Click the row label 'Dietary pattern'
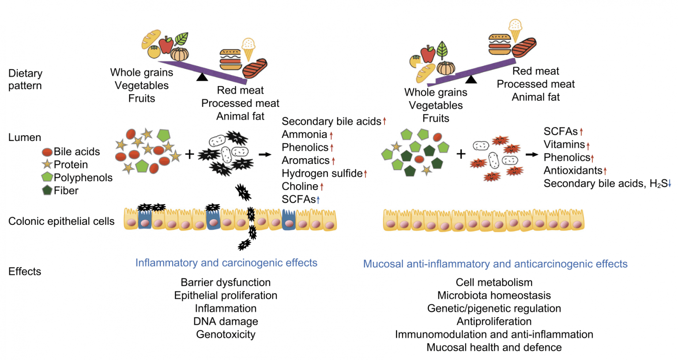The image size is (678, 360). (25, 80)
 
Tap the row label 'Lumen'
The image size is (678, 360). (25, 137)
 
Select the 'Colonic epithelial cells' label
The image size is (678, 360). (61, 221)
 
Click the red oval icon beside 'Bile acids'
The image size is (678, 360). (47, 152)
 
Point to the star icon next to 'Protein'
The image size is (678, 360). (47, 164)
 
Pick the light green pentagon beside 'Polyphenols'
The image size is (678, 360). (47, 177)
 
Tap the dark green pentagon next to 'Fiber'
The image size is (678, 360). (47, 190)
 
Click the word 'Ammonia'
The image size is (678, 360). (304, 134)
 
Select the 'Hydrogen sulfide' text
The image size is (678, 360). (322, 173)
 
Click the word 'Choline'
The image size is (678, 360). (300, 186)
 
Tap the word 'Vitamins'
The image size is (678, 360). (564, 144)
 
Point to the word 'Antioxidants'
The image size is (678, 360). (573, 171)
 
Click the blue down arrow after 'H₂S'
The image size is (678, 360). (670, 184)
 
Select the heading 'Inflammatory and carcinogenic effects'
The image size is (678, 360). (226, 263)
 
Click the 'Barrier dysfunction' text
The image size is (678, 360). (226, 282)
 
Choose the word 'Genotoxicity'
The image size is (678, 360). (226, 334)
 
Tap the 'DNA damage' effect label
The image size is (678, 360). (226, 321)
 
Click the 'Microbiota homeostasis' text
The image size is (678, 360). (494, 295)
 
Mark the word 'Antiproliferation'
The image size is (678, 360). (494, 321)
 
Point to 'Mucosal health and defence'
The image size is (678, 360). (494, 347)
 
